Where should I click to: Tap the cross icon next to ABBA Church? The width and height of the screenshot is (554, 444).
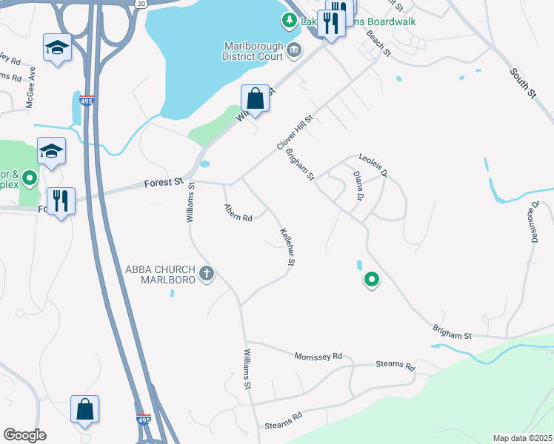[207, 275]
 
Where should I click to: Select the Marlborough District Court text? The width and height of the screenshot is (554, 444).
[254, 50]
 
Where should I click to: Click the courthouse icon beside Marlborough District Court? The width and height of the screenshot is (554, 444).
[295, 50]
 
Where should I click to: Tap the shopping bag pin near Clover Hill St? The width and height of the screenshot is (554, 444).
[255, 99]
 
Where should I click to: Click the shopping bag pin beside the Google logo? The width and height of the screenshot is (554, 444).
[84, 409]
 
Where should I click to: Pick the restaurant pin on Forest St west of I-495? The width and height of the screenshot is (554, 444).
[61, 201]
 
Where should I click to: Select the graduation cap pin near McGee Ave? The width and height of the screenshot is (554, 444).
[56, 49]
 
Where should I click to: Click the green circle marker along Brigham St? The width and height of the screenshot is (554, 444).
[371, 280]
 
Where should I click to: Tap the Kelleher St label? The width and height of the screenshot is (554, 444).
[287, 247]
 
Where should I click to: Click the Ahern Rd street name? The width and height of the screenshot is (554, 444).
[238, 213]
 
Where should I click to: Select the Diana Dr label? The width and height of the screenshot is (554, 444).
[358, 186]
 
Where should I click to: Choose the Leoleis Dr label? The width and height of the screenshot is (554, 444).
[374, 166]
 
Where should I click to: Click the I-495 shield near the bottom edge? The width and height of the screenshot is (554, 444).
[144, 420]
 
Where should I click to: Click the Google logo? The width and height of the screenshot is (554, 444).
[24, 435]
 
